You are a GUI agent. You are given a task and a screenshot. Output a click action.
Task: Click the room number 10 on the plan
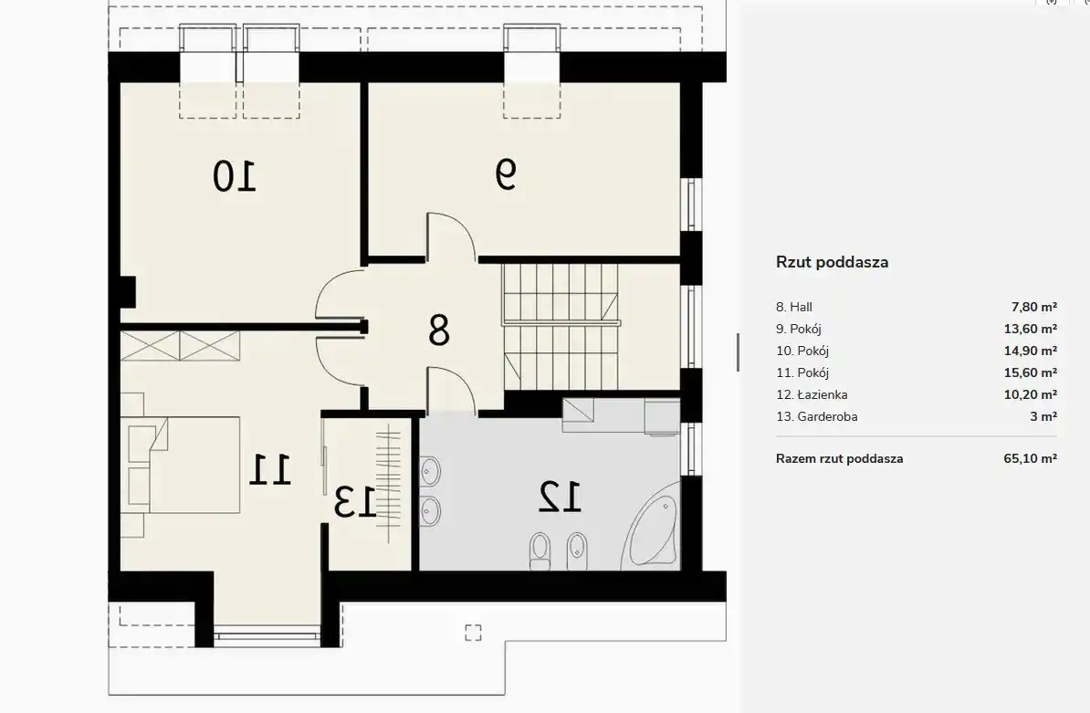click(235, 176)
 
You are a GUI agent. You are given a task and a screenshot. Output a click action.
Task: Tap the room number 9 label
click(506, 173)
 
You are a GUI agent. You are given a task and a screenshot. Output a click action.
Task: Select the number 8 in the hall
click(438, 330)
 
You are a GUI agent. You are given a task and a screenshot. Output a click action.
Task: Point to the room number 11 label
click(269, 469)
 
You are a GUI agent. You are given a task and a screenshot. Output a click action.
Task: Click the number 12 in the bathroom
click(561, 497)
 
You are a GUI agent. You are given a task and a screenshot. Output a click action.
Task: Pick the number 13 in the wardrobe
click(355, 502)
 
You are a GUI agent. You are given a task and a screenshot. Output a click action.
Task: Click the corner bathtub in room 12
click(652, 525)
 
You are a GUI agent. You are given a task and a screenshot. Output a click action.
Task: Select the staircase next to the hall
click(561, 327)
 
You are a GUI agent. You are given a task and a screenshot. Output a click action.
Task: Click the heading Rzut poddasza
click(832, 262)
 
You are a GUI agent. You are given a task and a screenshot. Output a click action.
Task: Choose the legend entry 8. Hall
click(794, 307)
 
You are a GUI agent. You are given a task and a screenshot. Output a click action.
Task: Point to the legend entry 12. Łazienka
click(812, 394)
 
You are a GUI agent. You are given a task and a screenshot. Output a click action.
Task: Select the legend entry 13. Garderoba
click(817, 416)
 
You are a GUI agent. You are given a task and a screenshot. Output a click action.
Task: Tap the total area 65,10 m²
click(1031, 458)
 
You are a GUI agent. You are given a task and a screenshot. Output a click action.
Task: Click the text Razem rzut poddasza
click(839, 458)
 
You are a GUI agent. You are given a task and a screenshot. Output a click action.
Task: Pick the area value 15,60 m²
click(1031, 372)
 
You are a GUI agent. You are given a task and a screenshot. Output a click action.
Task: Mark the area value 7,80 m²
click(1033, 307)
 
